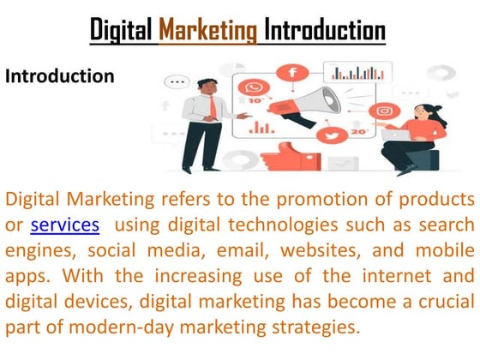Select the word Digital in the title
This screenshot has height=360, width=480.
point(123,31)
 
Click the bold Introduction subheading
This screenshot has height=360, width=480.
point(60,76)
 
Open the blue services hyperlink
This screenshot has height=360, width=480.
point(64,225)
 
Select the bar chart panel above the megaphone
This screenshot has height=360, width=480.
point(357,75)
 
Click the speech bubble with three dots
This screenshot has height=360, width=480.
point(179,83)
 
